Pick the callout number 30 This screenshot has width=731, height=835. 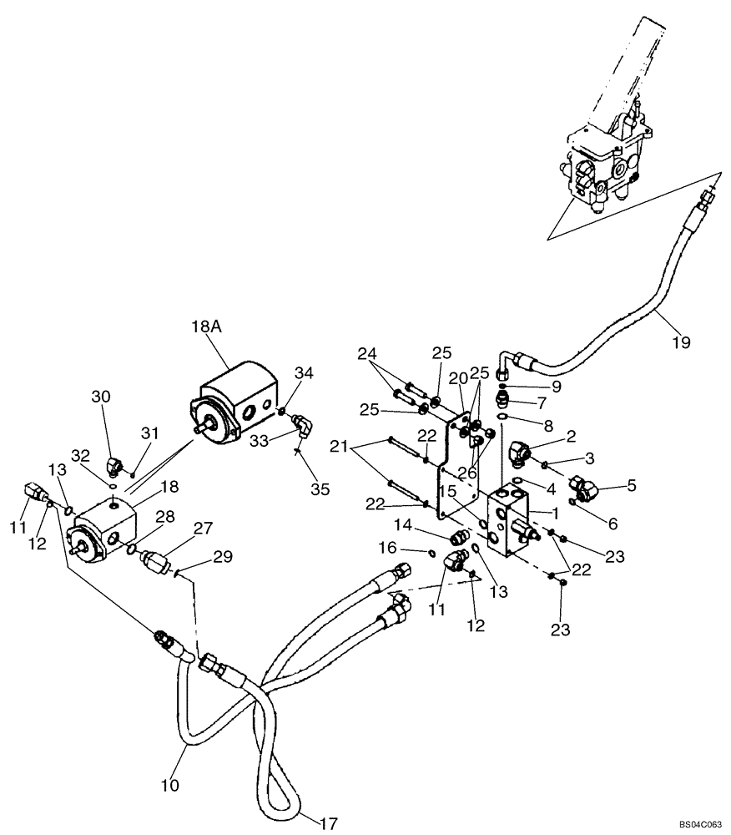(100, 397)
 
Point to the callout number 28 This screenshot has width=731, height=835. (164, 519)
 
